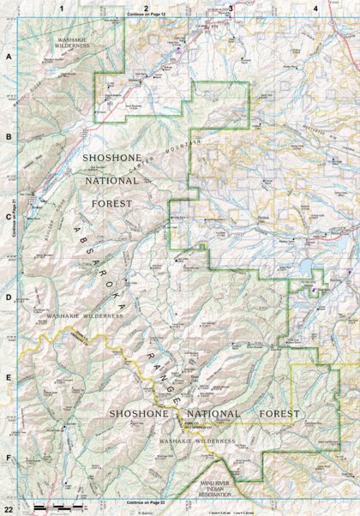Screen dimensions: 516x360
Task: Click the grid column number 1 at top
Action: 62,8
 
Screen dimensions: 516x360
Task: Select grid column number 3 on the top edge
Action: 231,8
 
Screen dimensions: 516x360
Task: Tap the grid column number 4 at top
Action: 315,8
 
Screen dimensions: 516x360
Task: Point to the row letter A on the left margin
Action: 9,57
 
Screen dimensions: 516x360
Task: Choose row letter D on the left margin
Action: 9,297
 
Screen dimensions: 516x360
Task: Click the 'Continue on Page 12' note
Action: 145,15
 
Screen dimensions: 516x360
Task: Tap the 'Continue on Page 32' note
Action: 145,501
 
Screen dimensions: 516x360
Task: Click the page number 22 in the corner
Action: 8,510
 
